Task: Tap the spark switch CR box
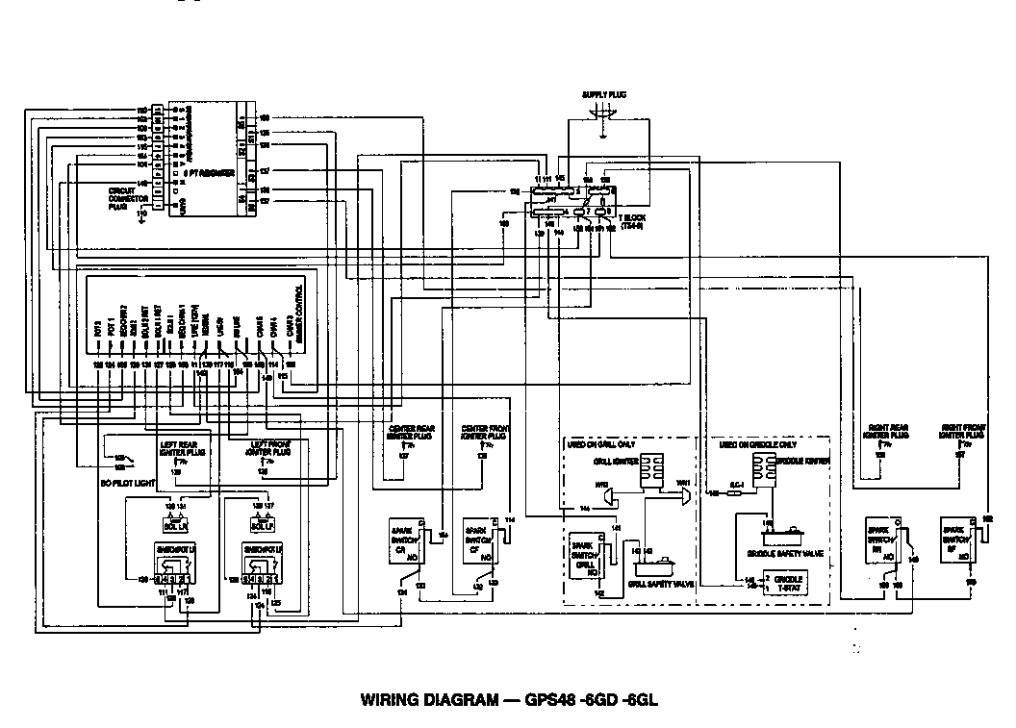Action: pos(403,544)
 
